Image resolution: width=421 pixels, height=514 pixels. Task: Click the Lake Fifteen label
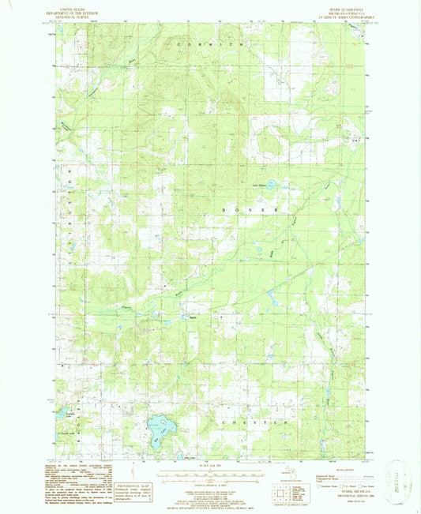pos(259,184)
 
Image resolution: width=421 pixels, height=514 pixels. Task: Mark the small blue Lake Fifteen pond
pos(271,184)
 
